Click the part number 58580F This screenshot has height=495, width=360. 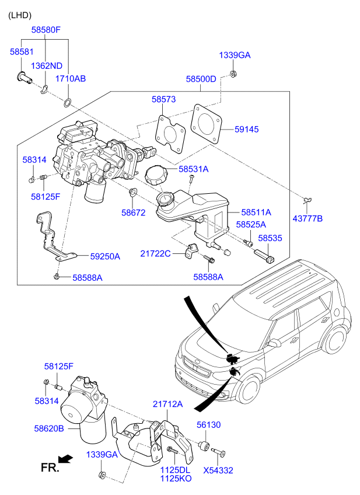click(x=46, y=29)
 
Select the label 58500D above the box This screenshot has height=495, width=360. click(x=201, y=79)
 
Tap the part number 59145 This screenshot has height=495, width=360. click(x=247, y=129)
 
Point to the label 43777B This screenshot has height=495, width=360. click(x=307, y=218)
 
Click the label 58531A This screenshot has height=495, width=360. click(x=193, y=169)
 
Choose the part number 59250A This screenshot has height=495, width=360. click(x=105, y=256)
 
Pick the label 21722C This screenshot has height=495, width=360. click(x=155, y=253)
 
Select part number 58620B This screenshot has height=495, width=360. click(x=49, y=428)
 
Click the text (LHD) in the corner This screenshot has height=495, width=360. click(x=20, y=15)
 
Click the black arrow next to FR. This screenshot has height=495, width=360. click(x=67, y=459)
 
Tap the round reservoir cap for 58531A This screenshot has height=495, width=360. click(x=156, y=176)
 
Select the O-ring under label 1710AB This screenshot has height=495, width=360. click(x=68, y=104)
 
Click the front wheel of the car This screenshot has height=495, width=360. click(x=249, y=390)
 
